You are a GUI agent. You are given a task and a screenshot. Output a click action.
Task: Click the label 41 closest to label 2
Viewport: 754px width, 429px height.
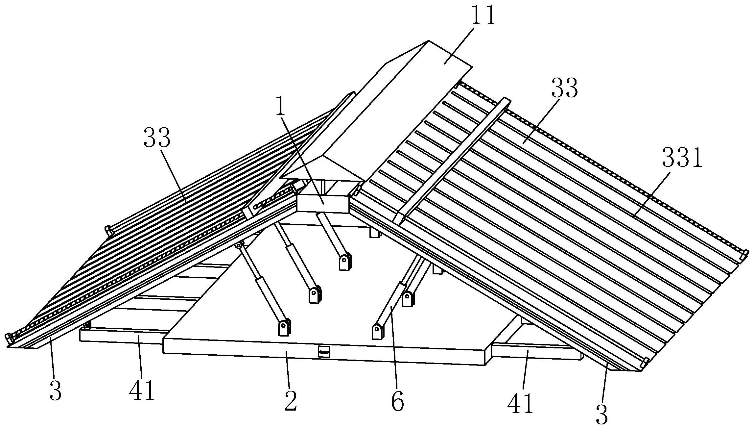pyautogui.click(x=142, y=391)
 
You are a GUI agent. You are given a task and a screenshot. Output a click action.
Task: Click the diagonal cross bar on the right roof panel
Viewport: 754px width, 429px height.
pyautogui.click(x=451, y=161)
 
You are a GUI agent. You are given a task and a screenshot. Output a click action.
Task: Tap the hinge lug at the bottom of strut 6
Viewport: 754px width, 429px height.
pyautogui.click(x=378, y=331)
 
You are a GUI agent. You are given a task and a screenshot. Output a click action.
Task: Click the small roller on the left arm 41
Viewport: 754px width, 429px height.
pyautogui.click(x=87, y=325)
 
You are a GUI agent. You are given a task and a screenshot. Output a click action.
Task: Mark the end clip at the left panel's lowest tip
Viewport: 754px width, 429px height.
pyautogui.click(x=9, y=338)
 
